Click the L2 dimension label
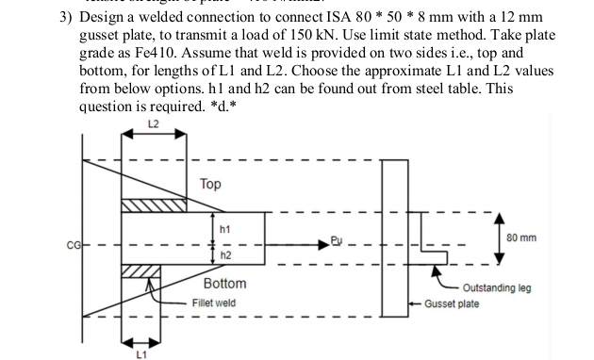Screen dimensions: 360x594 152,124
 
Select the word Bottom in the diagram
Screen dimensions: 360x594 224,284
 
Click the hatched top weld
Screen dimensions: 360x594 155,206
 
